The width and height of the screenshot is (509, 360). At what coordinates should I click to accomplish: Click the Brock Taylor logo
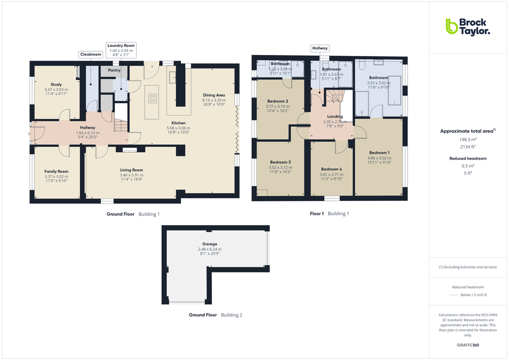[x=467, y=26]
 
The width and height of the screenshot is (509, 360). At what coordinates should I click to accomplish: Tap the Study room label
[x=56, y=84]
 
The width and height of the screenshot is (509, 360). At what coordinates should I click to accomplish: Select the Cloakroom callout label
[x=90, y=54]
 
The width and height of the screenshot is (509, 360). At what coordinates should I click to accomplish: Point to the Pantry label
[x=114, y=70]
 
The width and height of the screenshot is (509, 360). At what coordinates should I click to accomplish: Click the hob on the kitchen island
[x=152, y=98]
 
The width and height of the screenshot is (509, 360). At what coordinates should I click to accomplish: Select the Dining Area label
[x=213, y=95]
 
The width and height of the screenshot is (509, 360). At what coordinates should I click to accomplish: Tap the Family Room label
[x=56, y=171]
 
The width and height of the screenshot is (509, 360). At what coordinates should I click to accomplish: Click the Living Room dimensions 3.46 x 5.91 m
[x=131, y=175]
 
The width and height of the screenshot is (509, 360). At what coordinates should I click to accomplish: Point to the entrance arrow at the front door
[x=29, y=134]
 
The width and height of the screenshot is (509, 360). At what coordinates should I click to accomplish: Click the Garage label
[x=209, y=244]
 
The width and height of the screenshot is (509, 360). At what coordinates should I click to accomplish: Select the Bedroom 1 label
[x=378, y=152]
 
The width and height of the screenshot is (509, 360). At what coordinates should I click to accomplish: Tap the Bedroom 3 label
[x=280, y=162]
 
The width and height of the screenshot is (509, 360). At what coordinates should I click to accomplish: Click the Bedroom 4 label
[x=331, y=169]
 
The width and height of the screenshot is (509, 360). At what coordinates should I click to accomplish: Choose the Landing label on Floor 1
[x=334, y=116]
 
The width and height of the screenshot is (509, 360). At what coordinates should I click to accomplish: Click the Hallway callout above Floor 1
[x=319, y=48]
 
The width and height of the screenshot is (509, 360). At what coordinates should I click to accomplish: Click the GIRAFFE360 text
[x=467, y=344]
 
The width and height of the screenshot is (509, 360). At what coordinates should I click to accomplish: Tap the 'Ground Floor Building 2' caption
[x=215, y=315]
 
